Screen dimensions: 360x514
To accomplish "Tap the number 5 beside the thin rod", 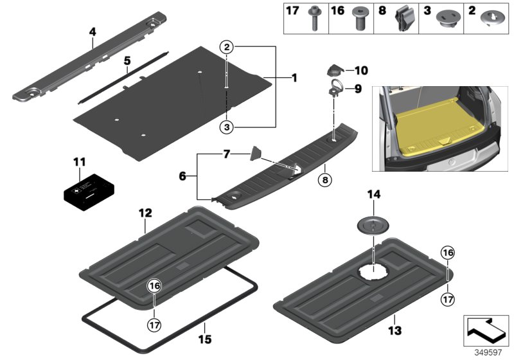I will [127, 61].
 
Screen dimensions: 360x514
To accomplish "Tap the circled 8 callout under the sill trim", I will [325, 181].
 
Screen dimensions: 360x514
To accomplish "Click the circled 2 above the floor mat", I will [226, 46].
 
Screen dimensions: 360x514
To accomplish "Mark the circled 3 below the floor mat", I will [226, 127].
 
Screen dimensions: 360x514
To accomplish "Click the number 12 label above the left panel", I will [145, 212].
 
